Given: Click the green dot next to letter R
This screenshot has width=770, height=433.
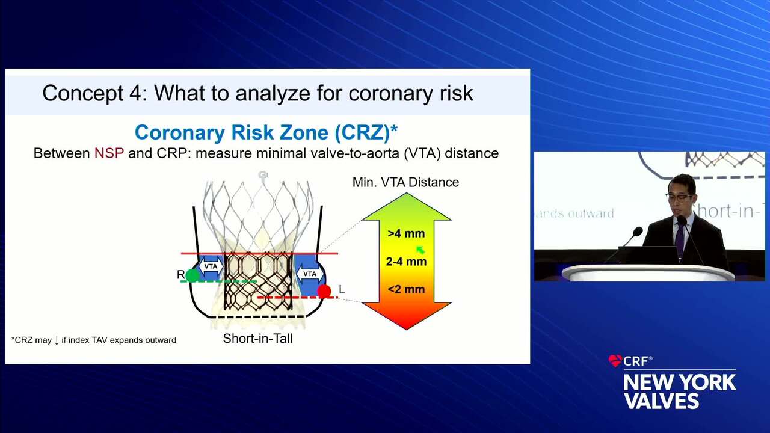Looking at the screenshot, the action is [192, 275].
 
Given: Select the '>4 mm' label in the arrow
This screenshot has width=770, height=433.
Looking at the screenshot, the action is [406, 234].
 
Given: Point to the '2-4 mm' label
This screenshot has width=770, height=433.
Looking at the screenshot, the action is [406, 262].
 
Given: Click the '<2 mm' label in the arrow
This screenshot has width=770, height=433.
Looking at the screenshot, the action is [406, 289].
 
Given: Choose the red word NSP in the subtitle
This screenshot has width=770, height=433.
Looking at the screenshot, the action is [109, 153].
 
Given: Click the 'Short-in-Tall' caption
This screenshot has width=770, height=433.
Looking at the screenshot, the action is [258, 339].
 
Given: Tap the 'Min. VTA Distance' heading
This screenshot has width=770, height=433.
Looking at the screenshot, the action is [405, 182].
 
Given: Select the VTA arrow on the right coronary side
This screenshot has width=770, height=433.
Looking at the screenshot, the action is [211, 266].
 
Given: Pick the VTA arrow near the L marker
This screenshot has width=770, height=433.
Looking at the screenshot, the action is [310, 274].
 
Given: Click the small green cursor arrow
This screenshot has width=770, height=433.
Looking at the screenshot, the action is [420, 250].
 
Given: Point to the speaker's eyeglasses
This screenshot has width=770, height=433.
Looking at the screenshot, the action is [680, 197].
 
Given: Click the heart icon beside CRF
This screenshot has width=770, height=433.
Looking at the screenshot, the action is [615, 361].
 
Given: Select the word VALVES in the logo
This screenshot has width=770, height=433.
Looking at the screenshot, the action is [662, 401].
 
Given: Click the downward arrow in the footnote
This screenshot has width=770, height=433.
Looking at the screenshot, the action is [57, 340].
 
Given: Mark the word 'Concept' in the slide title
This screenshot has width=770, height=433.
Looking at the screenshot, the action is [83, 93].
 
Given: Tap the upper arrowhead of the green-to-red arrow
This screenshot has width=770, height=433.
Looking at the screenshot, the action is [406, 206].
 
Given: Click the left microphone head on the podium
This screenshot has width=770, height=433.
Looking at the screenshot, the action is [638, 232].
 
